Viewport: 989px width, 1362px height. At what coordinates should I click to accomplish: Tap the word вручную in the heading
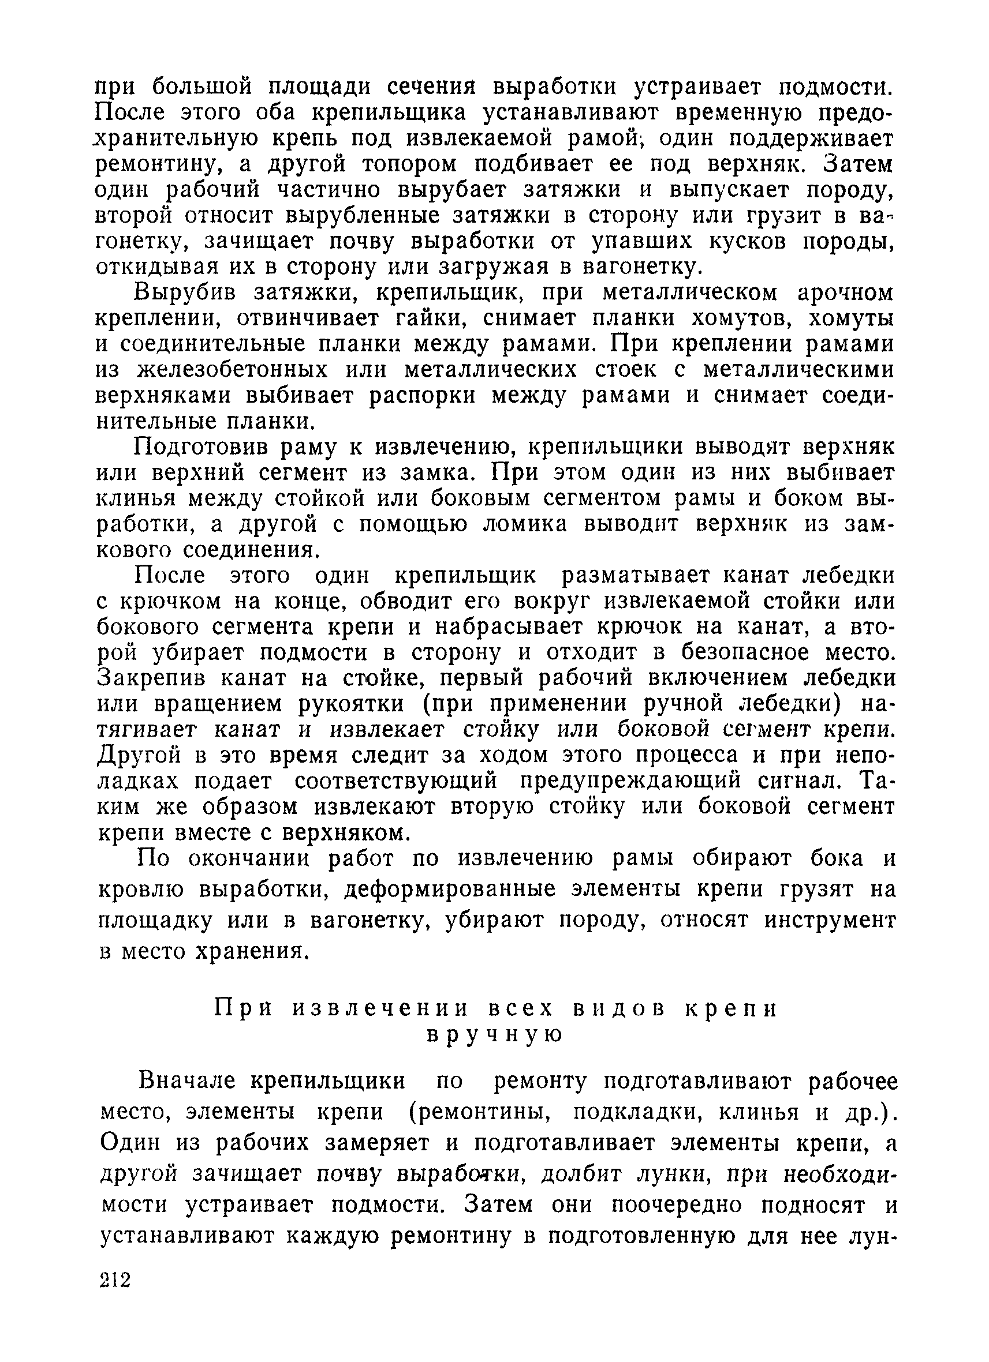tap(494, 1035)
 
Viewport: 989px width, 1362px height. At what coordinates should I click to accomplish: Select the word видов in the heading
tap(619, 1009)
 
